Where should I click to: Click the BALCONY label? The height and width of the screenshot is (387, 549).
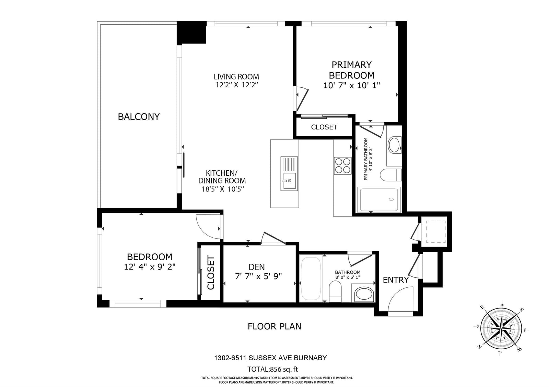[139, 117]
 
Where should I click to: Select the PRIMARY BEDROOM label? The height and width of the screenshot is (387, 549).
[352, 70]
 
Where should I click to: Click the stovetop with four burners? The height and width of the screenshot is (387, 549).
[343, 166]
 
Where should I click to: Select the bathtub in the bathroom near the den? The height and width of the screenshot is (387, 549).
[311, 279]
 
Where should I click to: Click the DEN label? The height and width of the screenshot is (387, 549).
[257, 267]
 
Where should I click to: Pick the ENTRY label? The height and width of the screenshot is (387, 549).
[396, 280]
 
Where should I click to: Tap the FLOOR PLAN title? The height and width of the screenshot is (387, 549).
[274, 327]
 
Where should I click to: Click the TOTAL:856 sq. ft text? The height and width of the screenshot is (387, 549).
[272, 369]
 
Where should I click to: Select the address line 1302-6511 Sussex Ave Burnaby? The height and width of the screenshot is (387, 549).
[271, 358]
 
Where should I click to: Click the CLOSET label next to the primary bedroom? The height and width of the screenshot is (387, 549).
[324, 127]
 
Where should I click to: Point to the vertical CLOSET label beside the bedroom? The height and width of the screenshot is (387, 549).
[211, 273]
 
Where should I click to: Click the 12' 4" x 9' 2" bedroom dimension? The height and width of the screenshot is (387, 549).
[150, 267]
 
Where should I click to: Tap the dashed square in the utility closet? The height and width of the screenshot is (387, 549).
[436, 232]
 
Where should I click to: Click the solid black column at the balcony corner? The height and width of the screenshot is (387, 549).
[191, 33]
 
